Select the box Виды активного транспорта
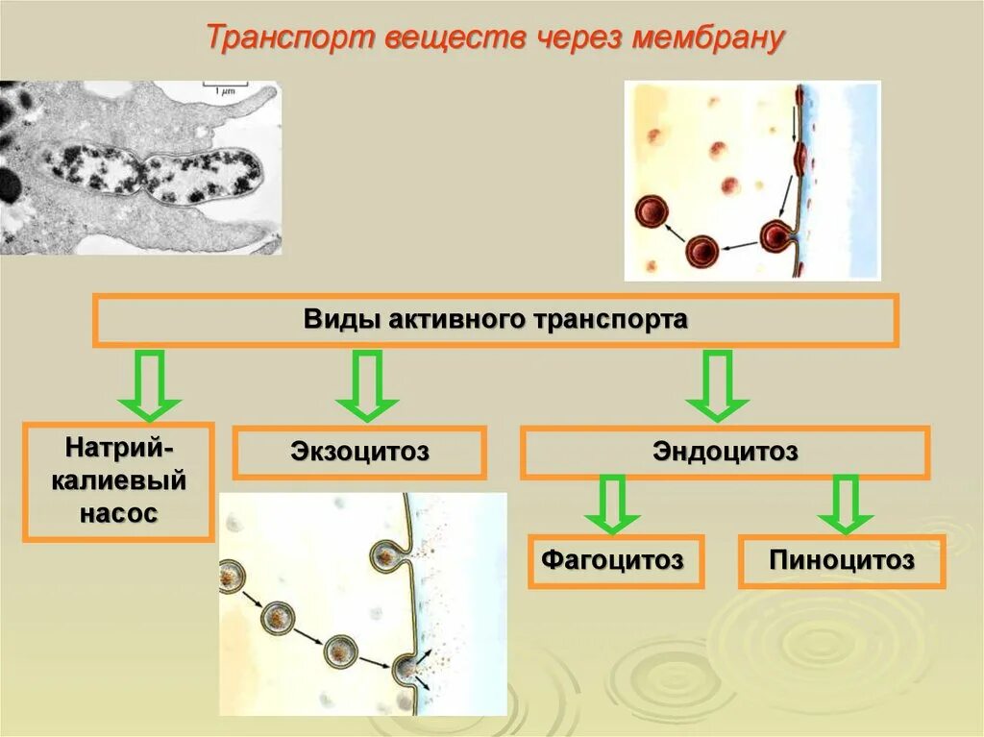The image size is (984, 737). click(495, 320)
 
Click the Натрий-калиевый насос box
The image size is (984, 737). click(118, 480)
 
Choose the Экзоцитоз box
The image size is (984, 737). click(359, 452)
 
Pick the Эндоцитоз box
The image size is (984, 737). click(725, 452)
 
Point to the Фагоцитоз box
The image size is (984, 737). click(615, 560)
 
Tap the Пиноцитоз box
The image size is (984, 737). click(842, 561)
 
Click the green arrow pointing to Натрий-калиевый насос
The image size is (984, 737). click(149, 385)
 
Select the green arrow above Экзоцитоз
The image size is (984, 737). click(367, 385)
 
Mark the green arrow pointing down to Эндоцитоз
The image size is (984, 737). click(717, 385)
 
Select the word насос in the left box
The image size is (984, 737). click(118, 513)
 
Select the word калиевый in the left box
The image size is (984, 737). click(118, 480)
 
